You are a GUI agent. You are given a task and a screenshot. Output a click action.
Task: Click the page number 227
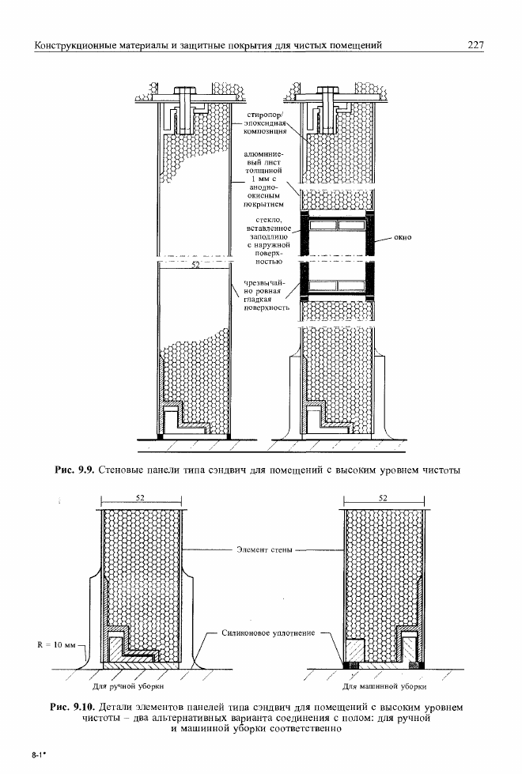click(x=475, y=45)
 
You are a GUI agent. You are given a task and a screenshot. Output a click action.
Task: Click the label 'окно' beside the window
click(x=403, y=237)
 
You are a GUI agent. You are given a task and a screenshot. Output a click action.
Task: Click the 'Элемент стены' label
click(x=264, y=549)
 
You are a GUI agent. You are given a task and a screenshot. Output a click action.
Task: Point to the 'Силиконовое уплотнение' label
click(x=268, y=633)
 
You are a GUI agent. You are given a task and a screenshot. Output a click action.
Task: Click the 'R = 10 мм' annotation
click(x=57, y=645)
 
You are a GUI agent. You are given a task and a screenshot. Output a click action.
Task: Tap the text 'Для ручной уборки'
click(x=128, y=686)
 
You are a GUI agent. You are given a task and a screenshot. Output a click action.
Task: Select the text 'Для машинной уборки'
click(x=384, y=686)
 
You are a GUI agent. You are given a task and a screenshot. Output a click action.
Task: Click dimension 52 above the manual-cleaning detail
click(x=140, y=497)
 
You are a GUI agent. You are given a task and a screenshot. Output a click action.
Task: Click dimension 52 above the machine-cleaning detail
click(x=384, y=497)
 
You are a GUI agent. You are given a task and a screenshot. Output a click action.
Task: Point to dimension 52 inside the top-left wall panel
click(x=195, y=265)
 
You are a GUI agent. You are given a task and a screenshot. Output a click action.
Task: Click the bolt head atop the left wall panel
click(x=185, y=92)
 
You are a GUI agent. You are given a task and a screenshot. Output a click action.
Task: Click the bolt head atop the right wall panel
click(x=327, y=92)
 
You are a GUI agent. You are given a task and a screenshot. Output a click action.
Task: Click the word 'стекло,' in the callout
click(x=269, y=220)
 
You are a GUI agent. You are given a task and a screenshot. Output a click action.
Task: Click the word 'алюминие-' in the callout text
click(x=263, y=154)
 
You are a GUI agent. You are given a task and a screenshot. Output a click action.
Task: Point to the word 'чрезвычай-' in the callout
click(x=265, y=283)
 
